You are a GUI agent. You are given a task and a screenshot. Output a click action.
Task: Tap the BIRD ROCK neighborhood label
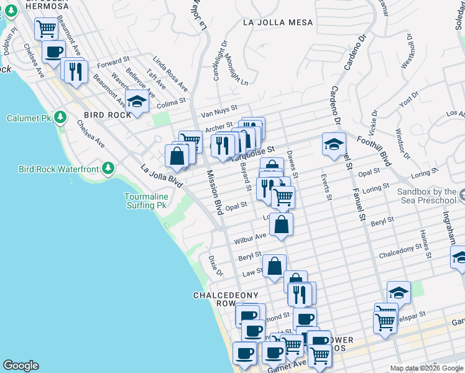coord(108,115)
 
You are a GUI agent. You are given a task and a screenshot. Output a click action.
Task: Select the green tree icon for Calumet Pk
coord(60,117)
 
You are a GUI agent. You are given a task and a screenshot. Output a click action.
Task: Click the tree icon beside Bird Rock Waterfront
coord(108,168)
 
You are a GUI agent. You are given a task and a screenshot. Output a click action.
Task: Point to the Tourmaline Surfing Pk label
coord(146,201)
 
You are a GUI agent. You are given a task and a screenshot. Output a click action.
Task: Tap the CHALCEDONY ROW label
coord(214,299)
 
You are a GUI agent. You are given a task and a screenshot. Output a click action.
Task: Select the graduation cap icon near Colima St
coord(137,101)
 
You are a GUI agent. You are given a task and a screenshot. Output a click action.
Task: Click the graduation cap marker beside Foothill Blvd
coord(334,144)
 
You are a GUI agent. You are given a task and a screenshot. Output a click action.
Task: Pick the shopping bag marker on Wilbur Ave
coord(282,224)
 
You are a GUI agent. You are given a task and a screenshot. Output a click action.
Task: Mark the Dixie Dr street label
coord(216,265)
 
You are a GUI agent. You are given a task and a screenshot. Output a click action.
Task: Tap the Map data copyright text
coord(426,368)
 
